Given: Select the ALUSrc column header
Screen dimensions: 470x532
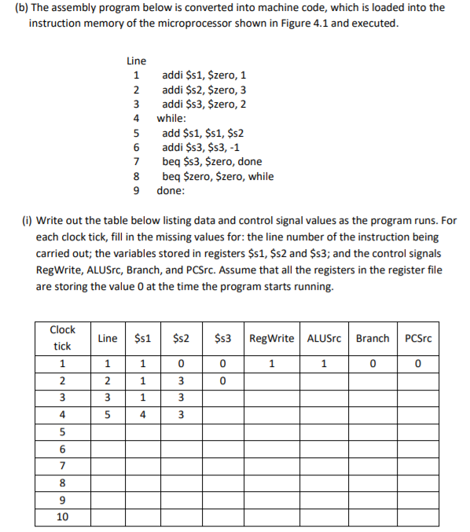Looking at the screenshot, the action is coord(324,339).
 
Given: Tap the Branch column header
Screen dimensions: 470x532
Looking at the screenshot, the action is coord(373,339).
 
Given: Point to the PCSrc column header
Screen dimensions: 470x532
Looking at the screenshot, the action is coord(419,339).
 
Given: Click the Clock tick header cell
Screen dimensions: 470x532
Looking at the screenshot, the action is coord(62,338).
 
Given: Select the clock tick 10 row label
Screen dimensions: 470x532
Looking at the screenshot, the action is coord(62,516).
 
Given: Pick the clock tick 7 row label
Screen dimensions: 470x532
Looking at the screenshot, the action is coord(62,466).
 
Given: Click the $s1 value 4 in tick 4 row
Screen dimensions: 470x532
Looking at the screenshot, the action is coord(144,415).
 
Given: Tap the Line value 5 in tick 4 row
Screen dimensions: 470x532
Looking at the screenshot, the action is coord(107,415).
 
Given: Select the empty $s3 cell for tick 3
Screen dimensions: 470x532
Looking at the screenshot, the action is coord(222,398).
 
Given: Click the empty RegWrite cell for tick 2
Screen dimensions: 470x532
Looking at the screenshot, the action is coord(272,381).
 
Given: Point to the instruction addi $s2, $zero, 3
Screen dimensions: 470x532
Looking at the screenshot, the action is coord(204,90).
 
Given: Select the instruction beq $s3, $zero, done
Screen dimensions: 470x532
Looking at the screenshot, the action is coord(211,162).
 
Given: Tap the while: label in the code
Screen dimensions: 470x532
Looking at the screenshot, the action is coord(171,119).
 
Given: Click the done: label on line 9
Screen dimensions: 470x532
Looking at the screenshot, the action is coord(171,190).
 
